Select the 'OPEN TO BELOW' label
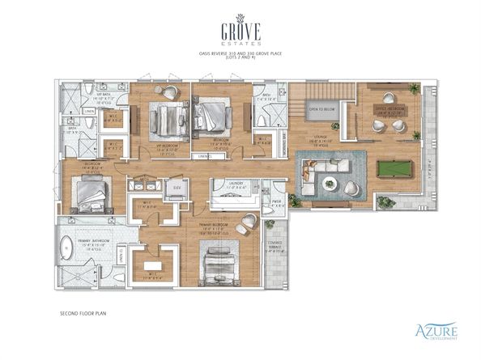tap(321, 108)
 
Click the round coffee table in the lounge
tap(329, 184)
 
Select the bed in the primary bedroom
tap(216, 260)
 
